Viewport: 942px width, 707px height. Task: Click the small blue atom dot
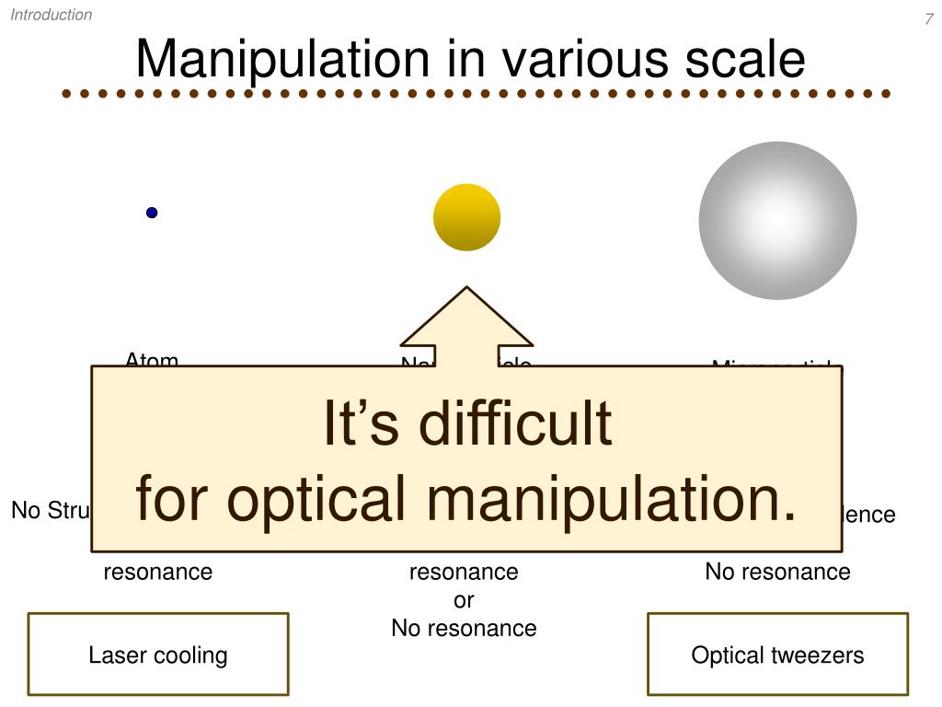(x=152, y=213)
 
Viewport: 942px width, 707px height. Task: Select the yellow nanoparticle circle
(x=467, y=217)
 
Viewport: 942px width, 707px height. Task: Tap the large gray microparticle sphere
(x=777, y=220)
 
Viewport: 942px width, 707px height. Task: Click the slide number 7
(x=929, y=20)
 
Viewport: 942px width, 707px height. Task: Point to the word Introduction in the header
(x=52, y=15)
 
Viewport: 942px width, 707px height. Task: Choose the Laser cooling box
(x=158, y=655)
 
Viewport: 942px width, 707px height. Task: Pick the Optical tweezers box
(x=777, y=655)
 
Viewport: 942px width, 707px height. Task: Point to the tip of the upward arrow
(x=467, y=288)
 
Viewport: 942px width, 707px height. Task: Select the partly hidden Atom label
(x=152, y=360)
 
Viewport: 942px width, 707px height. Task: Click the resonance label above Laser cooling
(x=158, y=572)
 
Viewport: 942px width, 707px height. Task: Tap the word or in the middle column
(x=464, y=600)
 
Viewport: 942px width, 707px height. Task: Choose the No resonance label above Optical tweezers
(x=777, y=572)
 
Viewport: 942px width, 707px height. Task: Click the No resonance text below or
(x=464, y=629)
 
